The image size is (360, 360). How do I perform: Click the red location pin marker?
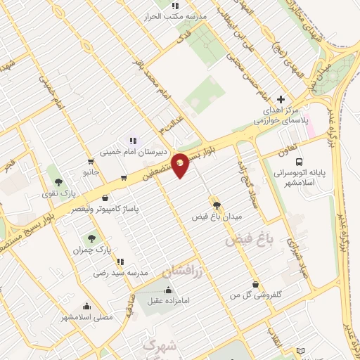[180, 165]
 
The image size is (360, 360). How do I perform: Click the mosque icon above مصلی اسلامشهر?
[86, 306]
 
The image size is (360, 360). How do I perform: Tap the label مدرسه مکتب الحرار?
[174, 16]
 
